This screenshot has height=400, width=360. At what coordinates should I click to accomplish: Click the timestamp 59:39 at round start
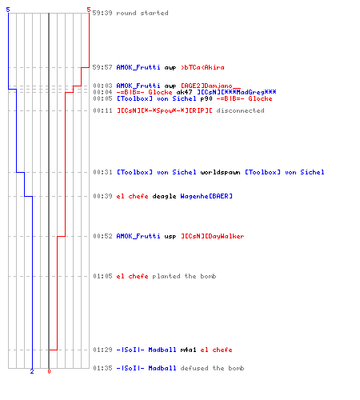(x=102, y=13)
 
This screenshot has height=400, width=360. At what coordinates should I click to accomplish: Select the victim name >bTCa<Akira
(x=202, y=67)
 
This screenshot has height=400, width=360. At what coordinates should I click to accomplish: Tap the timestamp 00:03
(x=102, y=86)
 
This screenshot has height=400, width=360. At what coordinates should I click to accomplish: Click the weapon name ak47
(x=184, y=92)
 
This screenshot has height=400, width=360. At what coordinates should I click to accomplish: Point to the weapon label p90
(x=206, y=98)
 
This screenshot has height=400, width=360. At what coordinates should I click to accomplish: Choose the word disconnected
(x=240, y=110)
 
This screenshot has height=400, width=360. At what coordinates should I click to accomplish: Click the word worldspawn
(x=220, y=172)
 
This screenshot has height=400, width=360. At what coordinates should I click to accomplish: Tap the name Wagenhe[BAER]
(x=206, y=196)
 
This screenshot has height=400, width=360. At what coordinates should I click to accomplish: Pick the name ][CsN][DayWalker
(x=213, y=236)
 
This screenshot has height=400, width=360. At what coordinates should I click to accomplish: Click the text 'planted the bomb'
(x=184, y=276)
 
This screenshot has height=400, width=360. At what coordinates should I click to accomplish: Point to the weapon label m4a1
(x=188, y=350)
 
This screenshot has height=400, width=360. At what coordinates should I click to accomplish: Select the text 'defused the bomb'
(x=212, y=368)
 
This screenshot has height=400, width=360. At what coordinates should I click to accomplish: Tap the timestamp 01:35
(x=102, y=368)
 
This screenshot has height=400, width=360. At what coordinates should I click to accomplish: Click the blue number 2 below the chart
(x=32, y=371)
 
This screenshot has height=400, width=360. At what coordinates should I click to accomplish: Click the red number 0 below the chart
(x=49, y=371)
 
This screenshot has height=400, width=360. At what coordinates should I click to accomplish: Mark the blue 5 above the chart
(x=8, y=10)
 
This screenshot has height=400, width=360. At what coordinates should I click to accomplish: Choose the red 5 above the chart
(x=89, y=10)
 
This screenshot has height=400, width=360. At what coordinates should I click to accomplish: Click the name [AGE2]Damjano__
(x=210, y=86)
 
